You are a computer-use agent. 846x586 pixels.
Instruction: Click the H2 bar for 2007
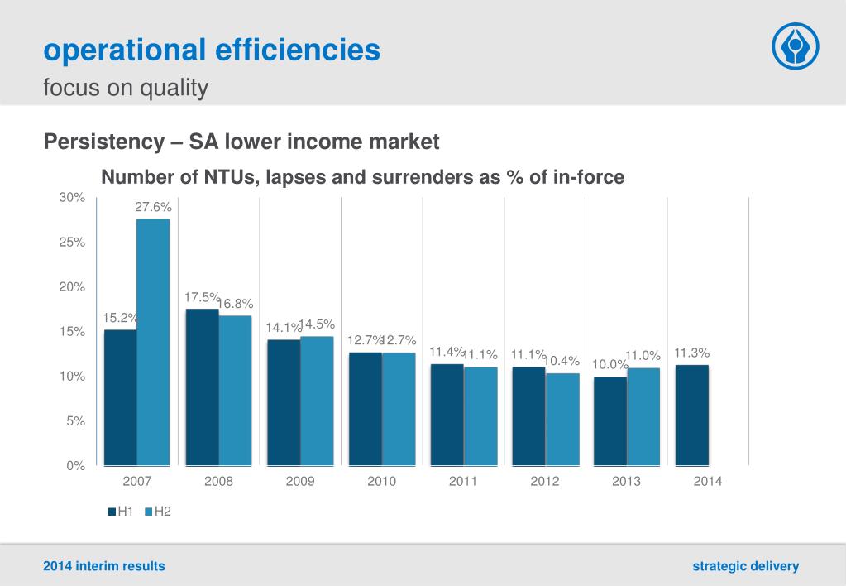(x=153, y=341)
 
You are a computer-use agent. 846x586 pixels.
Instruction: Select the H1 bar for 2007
(x=121, y=397)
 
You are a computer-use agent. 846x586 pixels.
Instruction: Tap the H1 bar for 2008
(x=203, y=387)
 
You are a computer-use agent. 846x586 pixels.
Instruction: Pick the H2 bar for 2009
(x=317, y=401)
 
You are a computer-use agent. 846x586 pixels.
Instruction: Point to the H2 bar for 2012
(x=562, y=419)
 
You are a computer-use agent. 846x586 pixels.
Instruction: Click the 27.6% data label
(x=153, y=207)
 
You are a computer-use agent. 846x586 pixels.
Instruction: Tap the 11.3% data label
(x=691, y=353)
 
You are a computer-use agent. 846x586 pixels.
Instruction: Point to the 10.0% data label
(x=609, y=364)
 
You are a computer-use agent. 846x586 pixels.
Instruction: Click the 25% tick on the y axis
(x=72, y=243)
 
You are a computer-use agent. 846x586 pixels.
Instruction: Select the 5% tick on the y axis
(x=75, y=421)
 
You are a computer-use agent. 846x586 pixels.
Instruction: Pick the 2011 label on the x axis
(x=463, y=482)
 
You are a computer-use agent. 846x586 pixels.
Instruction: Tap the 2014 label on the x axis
(x=708, y=482)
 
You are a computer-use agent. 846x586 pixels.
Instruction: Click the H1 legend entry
(x=121, y=512)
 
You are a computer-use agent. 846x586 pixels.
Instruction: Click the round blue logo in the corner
(x=795, y=46)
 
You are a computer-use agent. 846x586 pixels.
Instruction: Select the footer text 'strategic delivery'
(x=746, y=566)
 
